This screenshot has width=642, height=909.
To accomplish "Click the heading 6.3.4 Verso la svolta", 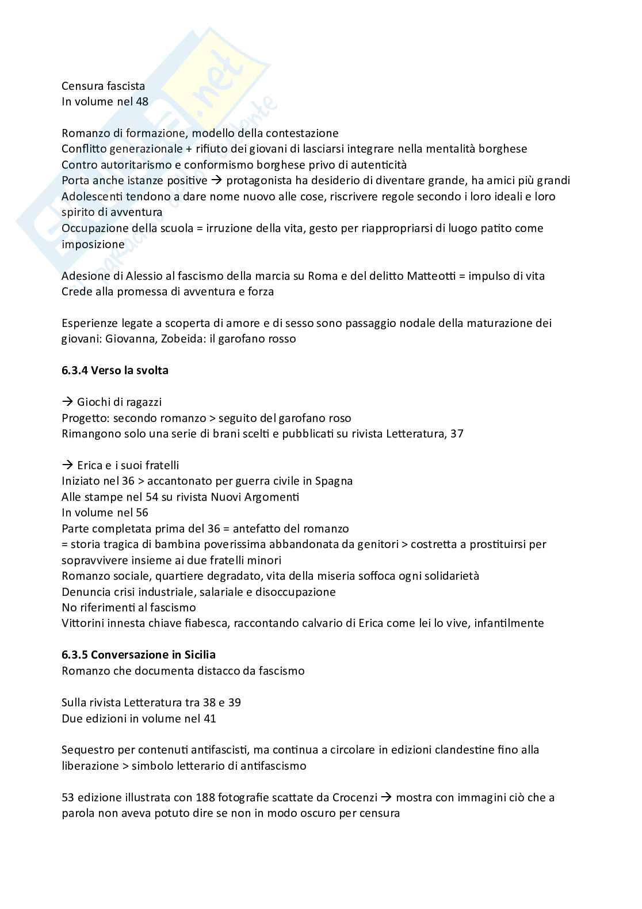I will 115,370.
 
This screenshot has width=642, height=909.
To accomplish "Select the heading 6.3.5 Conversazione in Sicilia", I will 139,655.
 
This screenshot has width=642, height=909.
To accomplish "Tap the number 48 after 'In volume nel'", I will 142,101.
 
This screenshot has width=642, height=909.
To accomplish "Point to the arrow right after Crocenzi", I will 386,797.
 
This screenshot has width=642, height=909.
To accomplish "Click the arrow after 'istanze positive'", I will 217,181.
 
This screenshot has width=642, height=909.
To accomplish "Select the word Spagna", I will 334,481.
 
